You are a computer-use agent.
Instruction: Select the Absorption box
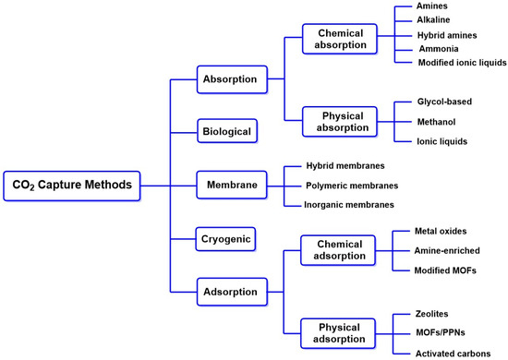coord(230,79)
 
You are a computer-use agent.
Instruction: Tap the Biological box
coord(226,132)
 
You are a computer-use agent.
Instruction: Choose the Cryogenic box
coord(226,239)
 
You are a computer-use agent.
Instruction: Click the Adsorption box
coord(230,293)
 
